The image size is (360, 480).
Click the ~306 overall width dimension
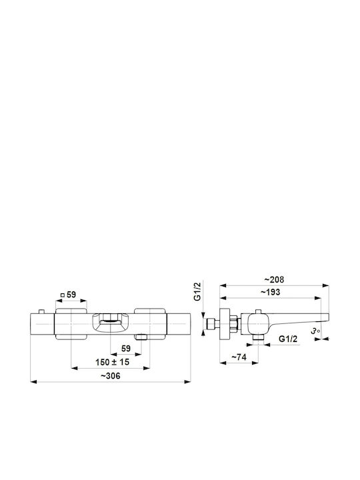click(110, 375)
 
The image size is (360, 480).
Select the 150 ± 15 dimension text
click(113, 362)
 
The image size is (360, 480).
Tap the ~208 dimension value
click(274, 279)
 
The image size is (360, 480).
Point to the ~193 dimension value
click(270, 292)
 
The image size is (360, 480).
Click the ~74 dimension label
click(239, 357)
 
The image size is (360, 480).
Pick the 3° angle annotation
click(315, 331)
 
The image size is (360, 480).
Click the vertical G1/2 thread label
click(198, 291)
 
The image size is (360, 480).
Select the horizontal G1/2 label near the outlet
click(288, 339)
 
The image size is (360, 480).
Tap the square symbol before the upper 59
click(63, 295)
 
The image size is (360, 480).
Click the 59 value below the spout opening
click(126, 349)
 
